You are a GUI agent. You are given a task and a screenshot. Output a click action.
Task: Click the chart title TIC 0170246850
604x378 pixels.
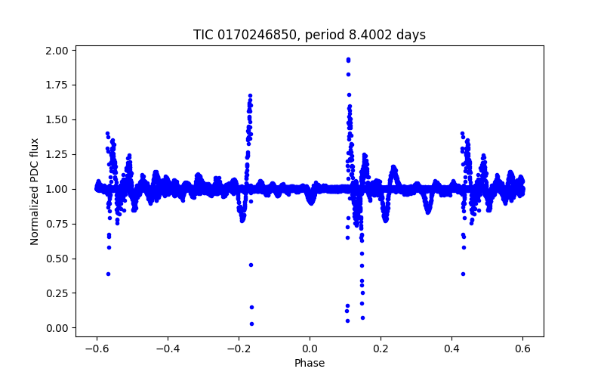pos(309,35)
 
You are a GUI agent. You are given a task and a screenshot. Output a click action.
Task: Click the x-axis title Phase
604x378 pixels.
pos(310,363)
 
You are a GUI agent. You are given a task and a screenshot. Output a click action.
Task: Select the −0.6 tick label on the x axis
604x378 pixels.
pos(96,349)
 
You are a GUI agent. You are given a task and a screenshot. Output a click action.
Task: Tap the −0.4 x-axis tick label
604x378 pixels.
pos(167,349)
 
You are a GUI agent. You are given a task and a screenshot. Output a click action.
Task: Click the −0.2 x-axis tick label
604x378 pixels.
pos(238,349)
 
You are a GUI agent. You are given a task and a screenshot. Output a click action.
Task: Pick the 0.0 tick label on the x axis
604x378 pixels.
pos(310,349)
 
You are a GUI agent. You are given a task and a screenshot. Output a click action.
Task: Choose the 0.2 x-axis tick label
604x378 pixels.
pos(381,349)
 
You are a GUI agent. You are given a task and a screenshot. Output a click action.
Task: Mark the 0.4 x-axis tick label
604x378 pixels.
pos(451,349)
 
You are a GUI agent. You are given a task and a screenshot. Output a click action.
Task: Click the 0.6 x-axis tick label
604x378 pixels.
pos(522,349)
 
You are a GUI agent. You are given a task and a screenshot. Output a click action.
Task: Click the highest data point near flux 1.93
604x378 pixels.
pos(348,59)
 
